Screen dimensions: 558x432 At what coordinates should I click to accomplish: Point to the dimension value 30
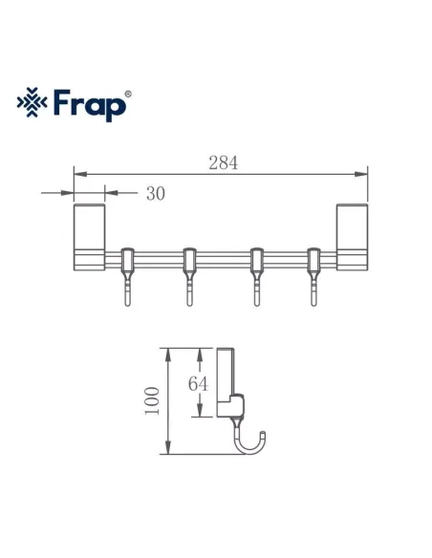[156, 193]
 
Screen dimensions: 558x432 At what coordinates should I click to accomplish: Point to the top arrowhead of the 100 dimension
[167, 351]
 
